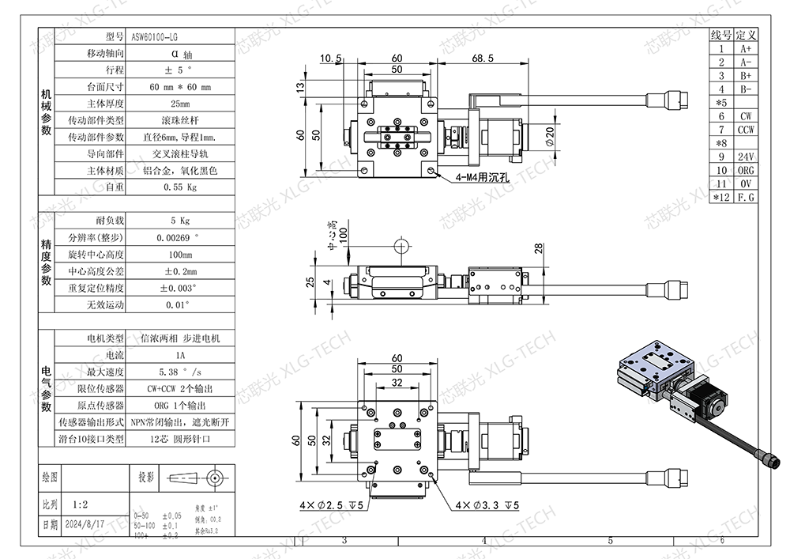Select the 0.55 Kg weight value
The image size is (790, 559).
179,187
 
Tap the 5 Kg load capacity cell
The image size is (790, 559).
179,221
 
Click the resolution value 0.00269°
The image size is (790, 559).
179,237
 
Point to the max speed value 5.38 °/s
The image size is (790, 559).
179,372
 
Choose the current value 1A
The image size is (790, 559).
179,355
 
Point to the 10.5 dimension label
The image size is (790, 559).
331,59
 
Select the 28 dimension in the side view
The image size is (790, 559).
539,250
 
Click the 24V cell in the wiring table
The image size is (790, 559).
746,156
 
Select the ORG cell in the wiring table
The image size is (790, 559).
746,169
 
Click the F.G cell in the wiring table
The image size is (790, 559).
746,196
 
